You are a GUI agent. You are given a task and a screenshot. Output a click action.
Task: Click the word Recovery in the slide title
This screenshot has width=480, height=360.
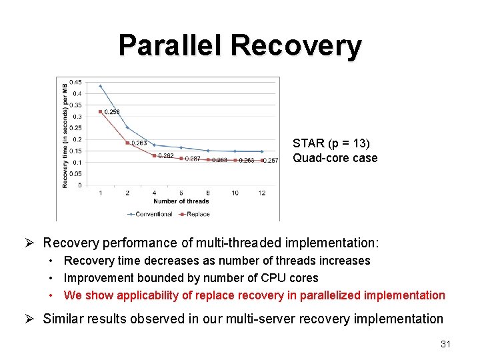(x=296, y=46)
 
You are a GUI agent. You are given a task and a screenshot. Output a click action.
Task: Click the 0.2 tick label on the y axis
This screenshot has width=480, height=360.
(x=77, y=139)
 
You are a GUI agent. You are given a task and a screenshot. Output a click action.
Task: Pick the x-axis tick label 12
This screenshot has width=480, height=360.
(x=261, y=193)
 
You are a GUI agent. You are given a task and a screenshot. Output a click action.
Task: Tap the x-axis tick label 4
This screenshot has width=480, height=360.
(x=154, y=193)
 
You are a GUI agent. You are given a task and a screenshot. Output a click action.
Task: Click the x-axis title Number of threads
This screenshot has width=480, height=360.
(x=181, y=201)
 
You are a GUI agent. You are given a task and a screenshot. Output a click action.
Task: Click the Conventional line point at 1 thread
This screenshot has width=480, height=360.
(x=100, y=86)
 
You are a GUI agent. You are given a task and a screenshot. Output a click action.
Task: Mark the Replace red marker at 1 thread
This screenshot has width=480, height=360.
(x=100, y=111)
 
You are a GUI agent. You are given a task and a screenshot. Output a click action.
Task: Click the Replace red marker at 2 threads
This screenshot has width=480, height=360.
(x=127, y=143)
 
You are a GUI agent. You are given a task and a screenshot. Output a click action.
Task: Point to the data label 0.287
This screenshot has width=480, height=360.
(x=193, y=159)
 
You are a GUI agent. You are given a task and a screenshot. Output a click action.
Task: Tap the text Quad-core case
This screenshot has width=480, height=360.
(x=335, y=158)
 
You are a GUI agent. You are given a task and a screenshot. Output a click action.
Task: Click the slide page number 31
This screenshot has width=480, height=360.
(x=446, y=344)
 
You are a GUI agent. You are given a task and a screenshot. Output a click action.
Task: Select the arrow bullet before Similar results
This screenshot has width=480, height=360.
(x=31, y=319)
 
